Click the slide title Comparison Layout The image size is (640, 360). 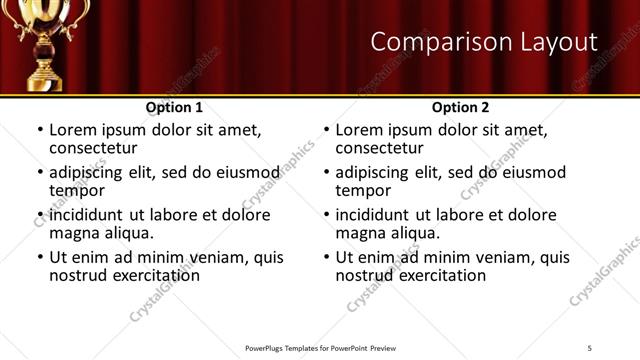coord(484,42)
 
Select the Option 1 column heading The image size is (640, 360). coord(174,107)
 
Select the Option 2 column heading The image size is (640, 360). coord(460,107)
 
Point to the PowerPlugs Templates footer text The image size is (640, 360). coord(319,348)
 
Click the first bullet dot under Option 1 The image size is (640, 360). coord(40,131)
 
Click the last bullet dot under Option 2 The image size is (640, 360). coord(326,258)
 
